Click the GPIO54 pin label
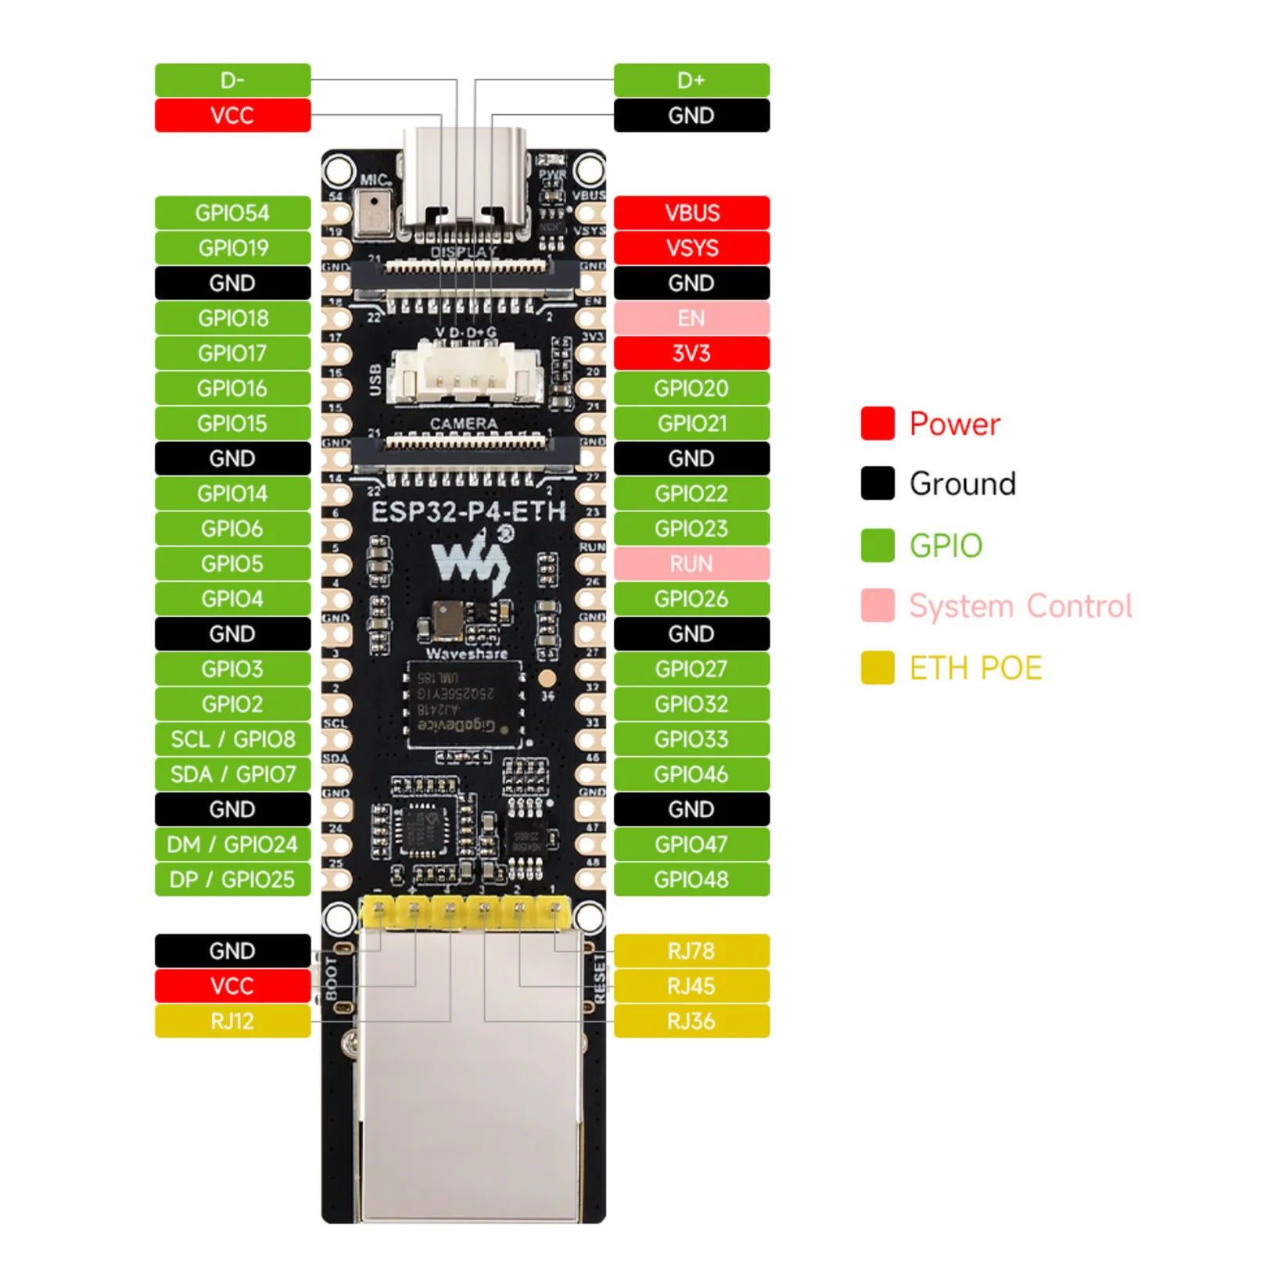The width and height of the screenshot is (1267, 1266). click(x=232, y=213)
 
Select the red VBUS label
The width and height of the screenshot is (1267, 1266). click(x=691, y=213)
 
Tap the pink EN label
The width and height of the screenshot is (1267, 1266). click(x=691, y=318)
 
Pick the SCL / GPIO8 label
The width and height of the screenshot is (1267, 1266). click(x=232, y=739)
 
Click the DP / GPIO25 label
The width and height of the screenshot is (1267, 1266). click(x=232, y=880)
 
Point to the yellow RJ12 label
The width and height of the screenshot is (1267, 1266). click(x=232, y=1021)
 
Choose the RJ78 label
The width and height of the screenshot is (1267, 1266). click(x=691, y=951)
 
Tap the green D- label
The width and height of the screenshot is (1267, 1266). click(x=232, y=80)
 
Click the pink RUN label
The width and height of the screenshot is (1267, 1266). click(x=691, y=564)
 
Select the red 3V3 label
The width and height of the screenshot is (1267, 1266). click(x=691, y=353)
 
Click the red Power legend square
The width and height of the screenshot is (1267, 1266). click(x=878, y=423)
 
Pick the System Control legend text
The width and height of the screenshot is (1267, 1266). click(x=1020, y=606)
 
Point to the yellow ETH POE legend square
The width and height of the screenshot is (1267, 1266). click(x=878, y=668)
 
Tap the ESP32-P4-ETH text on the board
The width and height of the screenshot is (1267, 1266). click(x=468, y=512)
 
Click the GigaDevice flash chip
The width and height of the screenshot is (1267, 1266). click(x=463, y=702)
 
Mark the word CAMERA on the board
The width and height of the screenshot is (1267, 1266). click(x=463, y=423)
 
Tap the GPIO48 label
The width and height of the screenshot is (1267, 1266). click(x=691, y=880)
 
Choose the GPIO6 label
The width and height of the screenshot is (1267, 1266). click(x=232, y=529)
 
